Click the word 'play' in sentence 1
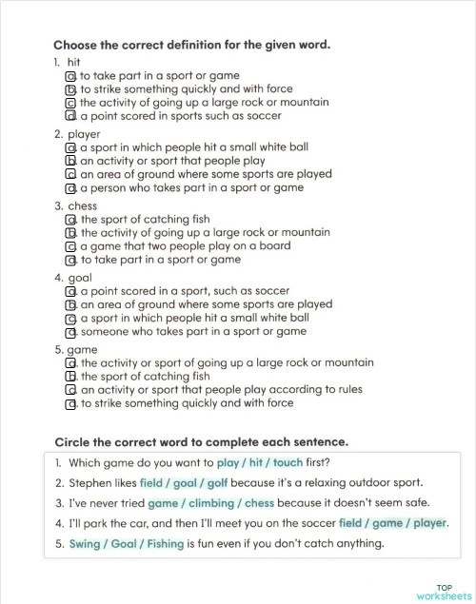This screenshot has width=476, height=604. click(228, 462)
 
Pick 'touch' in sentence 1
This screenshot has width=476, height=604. click(287, 462)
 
